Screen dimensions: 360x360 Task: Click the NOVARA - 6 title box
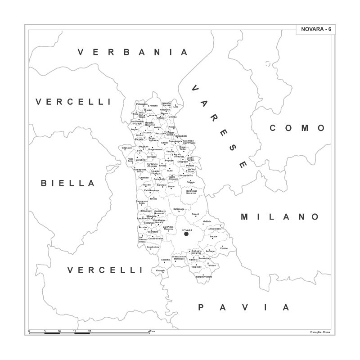pyautogui.click(x=315, y=29)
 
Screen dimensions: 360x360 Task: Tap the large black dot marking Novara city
pyautogui.click(x=186, y=234)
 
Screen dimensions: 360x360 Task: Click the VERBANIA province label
pyautogui.click(x=132, y=52)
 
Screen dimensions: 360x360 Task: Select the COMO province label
pyautogui.click(x=297, y=128)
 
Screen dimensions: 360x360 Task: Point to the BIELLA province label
pyautogui.click(x=68, y=183)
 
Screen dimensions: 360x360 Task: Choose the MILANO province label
pyautogui.click(x=280, y=217)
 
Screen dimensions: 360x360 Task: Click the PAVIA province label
pyautogui.click(x=243, y=308)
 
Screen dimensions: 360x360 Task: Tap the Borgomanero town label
pyautogui.click(x=155, y=149)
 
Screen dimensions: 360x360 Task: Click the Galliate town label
pyautogui.click(x=207, y=221)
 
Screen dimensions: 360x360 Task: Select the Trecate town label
pyautogui.click(x=213, y=236)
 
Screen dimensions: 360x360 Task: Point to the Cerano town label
pyautogui.click(x=224, y=248)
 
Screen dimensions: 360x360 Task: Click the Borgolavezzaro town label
pyautogui.click(x=204, y=276)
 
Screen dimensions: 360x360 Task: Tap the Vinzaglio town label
pyautogui.click(x=161, y=270)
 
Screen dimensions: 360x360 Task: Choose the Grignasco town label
pyautogui.click(x=127, y=148)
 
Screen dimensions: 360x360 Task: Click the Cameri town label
pyautogui.click(x=195, y=214)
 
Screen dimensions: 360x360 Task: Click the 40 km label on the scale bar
pyautogui.click(x=152, y=331)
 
